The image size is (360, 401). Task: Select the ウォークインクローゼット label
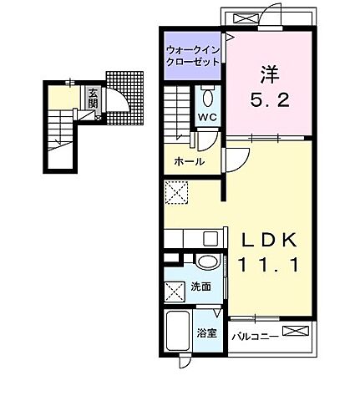192,54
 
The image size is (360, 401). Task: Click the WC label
207,118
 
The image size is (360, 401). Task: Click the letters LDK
267,241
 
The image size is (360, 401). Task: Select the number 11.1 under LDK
267,266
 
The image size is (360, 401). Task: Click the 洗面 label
201,287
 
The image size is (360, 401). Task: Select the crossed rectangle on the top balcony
246,18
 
